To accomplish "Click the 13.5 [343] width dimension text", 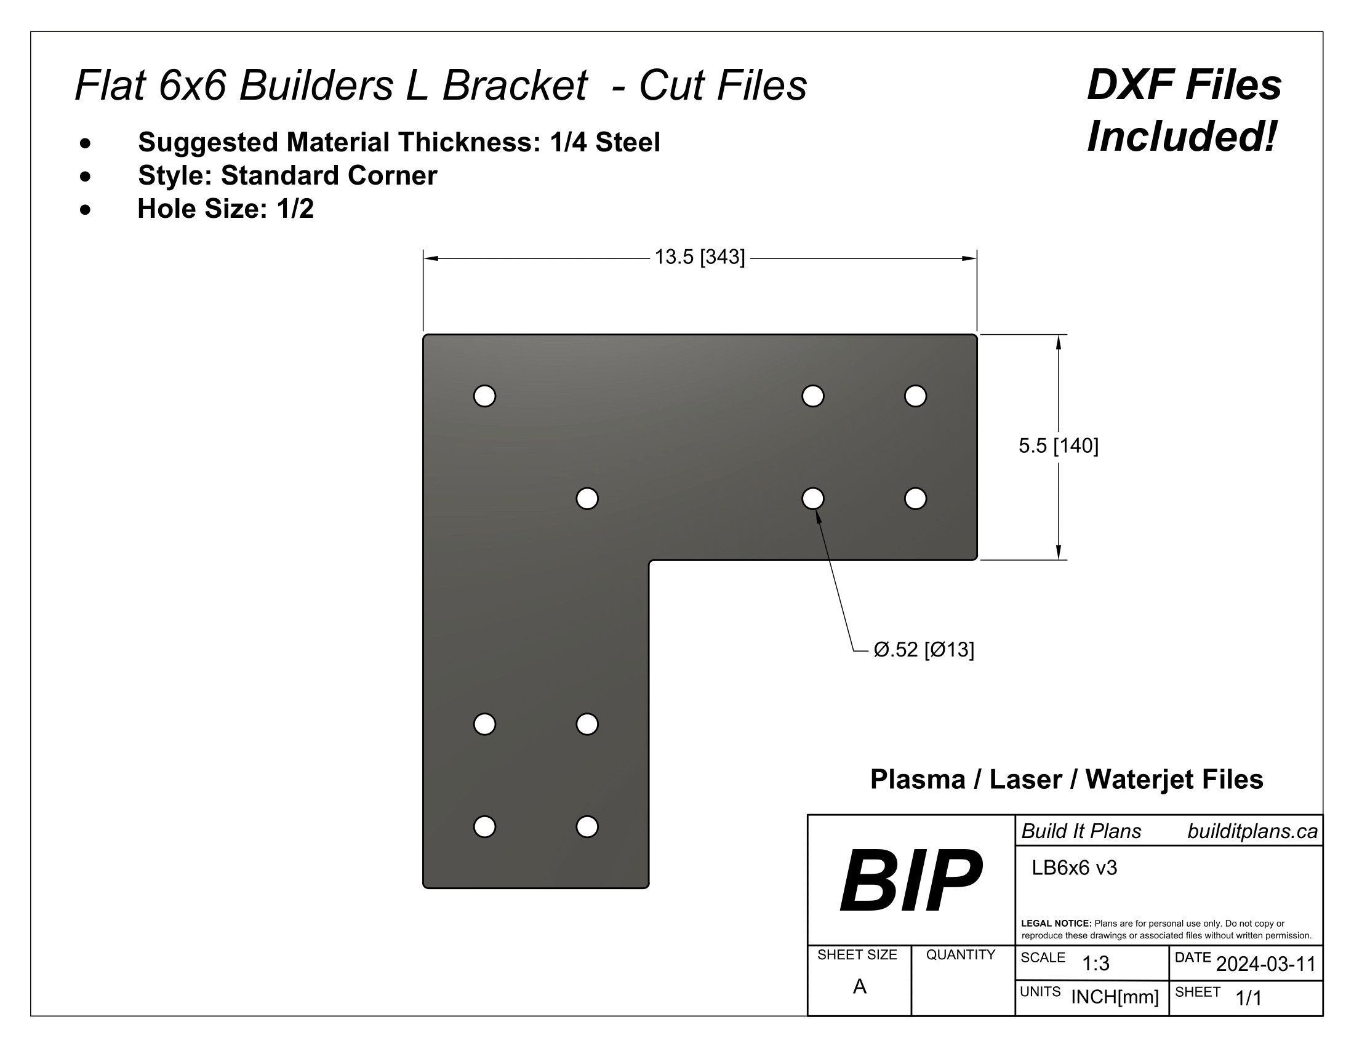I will (699, 257).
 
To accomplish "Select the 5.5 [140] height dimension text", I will (1059, 445).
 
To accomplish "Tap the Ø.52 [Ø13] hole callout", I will (923, 649).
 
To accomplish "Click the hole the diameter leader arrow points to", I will (813, 498).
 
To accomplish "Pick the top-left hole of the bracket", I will (484, 396).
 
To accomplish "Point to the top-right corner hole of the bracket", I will (915, 396).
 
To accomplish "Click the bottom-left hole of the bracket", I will (484, 826).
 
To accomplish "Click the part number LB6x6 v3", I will (1074, 868).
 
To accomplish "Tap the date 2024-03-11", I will (1265, 964).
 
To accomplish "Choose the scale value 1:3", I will (1096, 964).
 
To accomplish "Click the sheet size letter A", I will (859, 986).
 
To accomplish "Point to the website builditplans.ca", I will (1252, 832).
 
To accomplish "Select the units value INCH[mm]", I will (1115, 997).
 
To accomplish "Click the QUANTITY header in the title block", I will (960, 955).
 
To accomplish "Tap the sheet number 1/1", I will (1249, 997).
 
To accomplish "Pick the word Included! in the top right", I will (1182, 137).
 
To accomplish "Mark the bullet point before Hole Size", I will (86, 209).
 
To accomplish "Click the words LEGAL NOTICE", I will (1056, 924).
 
